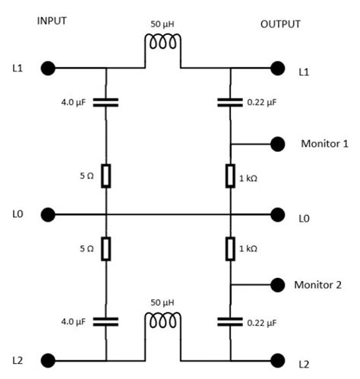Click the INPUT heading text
pyautogui.click(x=52, y=21)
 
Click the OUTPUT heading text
pyautogui.click(x=281, y=24)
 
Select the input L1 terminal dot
pyautogui.click(x=48, y=69)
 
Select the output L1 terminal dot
pyautogui.click(x=279, y=69)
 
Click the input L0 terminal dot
pyautogui.click(x=48, y=215)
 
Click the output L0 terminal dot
pyautogui.click(x=279, y=215)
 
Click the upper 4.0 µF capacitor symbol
pyautogui.click(x=106, y=100)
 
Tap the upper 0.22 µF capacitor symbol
pyautogui.click(x=230, y=100)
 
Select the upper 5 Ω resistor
pyautogui.click(x=106, y=175)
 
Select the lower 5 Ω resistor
pyautogui.click(x=106, y=248)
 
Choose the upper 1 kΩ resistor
pyautogui.click(x=230, y=176)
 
